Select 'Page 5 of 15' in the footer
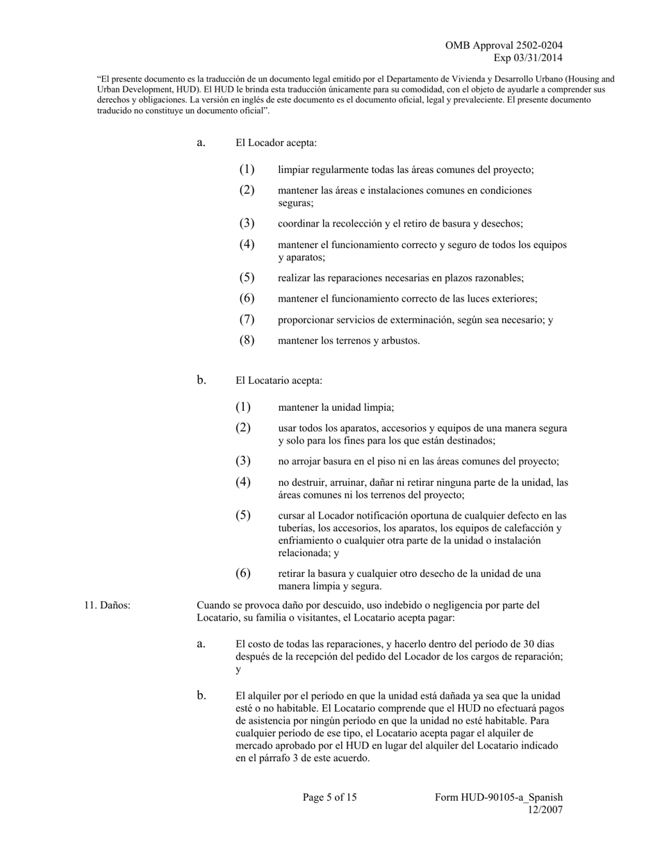[329, 797]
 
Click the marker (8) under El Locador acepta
[247, 341]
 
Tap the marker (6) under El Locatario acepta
[242, 573]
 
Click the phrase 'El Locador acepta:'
[276, 143]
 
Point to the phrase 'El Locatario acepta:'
[279, 381]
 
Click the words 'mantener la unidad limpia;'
[336, 408]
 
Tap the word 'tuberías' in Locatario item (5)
[296, 528]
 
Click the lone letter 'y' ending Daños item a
[238, 669]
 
